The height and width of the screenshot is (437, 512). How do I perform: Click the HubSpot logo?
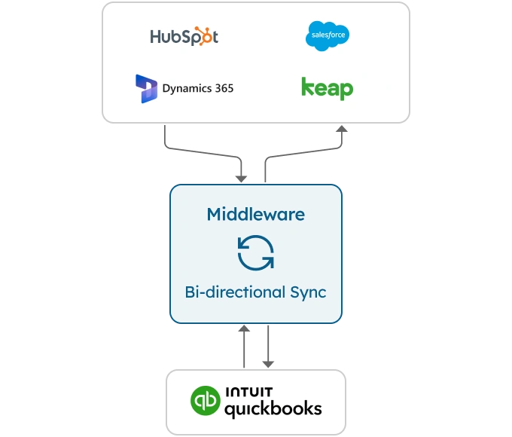[184, 36]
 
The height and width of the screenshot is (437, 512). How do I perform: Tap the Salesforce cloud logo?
[328, 36]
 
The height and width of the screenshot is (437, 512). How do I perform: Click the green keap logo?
[327, 88]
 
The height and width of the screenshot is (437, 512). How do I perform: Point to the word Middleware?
[256, 214]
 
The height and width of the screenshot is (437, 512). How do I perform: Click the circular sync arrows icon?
[256, 252]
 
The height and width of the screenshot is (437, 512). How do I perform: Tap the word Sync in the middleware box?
[308, 292]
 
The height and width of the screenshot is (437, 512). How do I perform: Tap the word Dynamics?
[186, 88]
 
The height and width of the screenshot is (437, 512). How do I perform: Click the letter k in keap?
[306, 87]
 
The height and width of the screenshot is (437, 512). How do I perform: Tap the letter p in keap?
[346, 90]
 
